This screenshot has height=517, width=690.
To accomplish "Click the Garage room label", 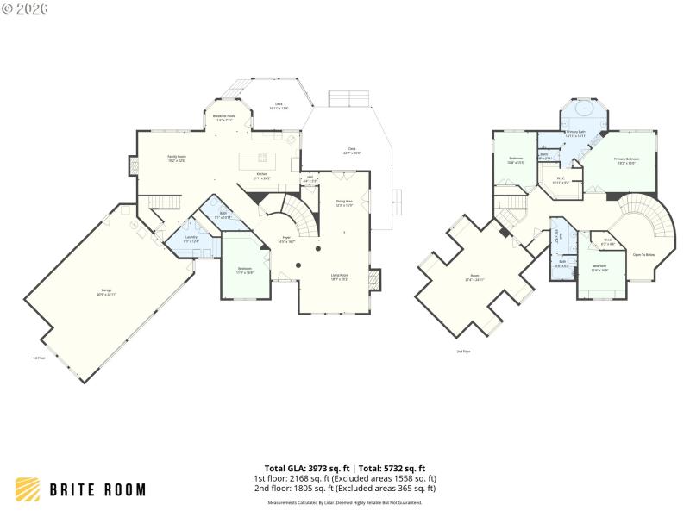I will pyautogui.click(x=108, y=291).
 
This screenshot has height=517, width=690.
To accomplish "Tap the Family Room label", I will pyautogui.click(x=177, y=158).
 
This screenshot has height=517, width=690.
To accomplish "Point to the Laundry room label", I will pyautogui.click(x=191, y=240).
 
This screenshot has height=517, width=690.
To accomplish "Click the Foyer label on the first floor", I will pyautogui.click(x=287, y=240).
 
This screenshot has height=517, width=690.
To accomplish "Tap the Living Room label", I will pyautogui.click(x=340, y=277).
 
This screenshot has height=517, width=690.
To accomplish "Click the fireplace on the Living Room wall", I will pyautogui.click(x=373, y=280).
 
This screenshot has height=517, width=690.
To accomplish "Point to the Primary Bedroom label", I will pyautogui.click(x=626, y=160).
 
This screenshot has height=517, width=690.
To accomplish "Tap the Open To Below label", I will pyautogui.click(x=643, y=255).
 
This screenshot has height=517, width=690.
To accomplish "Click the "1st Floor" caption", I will pyautogui.click(x=39, y=358).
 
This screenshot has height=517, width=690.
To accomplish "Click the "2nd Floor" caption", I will pyautogui.click(x=465, y=352).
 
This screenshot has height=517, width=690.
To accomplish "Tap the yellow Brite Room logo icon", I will pyautogui.click(x=28, y=489).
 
